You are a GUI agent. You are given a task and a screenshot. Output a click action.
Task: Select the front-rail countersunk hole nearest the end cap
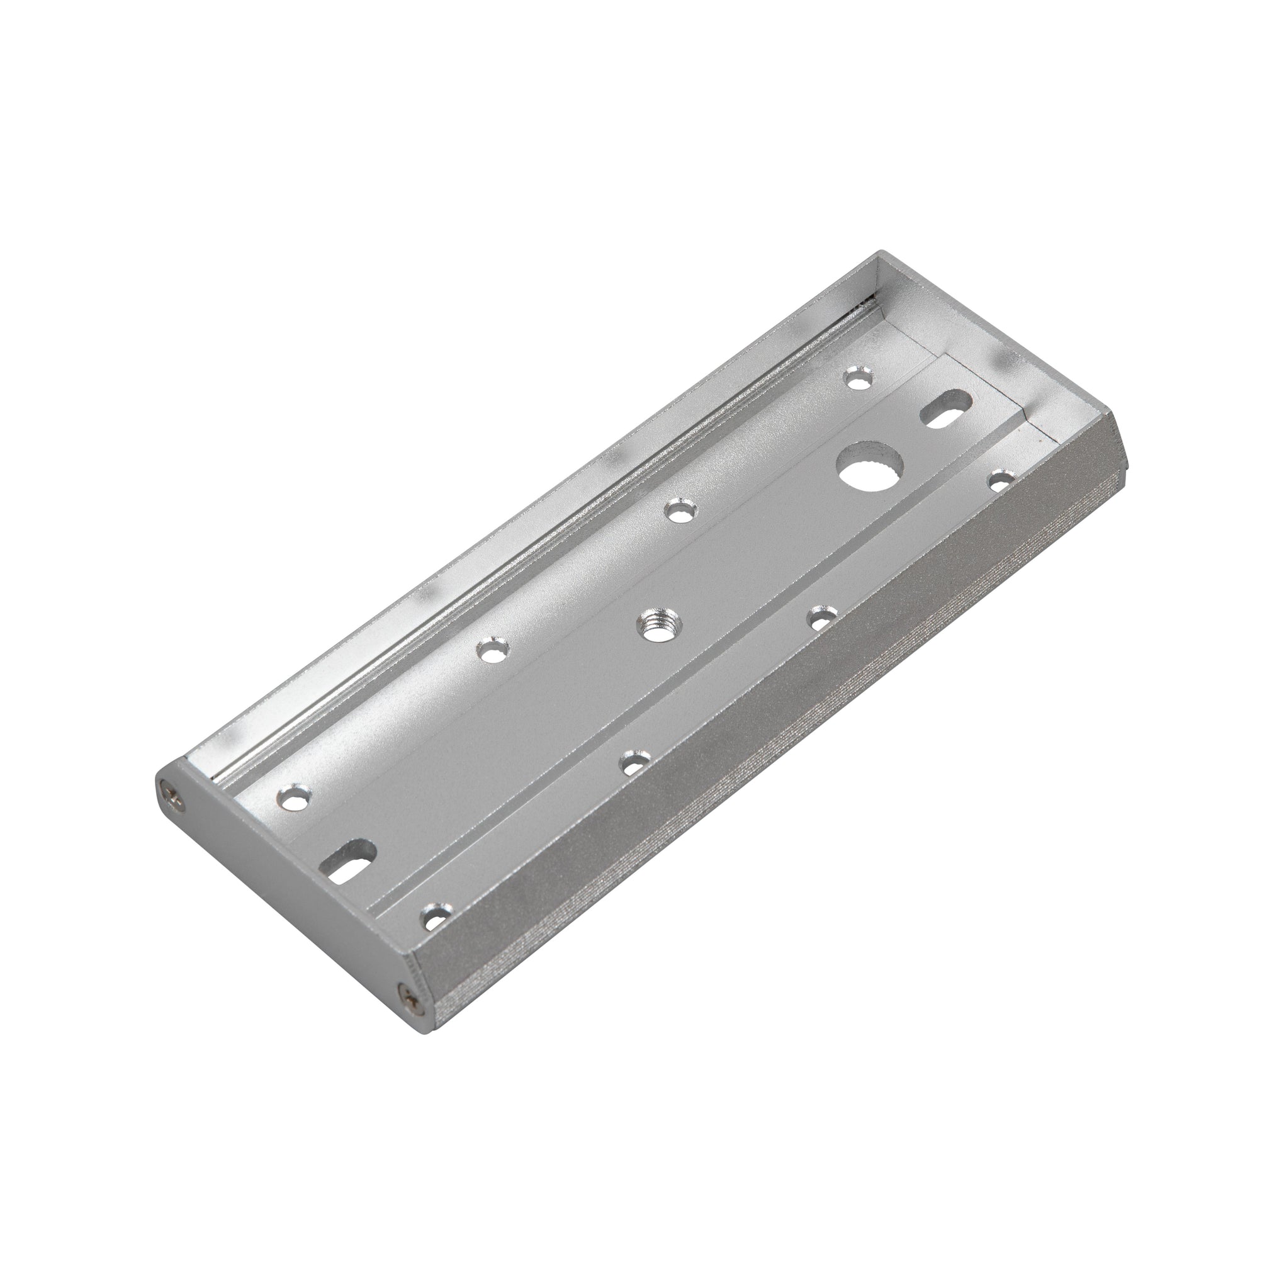(435, 919)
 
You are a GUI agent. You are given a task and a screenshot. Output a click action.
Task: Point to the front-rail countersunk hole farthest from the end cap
(1001, 479)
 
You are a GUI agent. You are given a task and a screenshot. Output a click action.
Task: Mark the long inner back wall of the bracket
(532, 519)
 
